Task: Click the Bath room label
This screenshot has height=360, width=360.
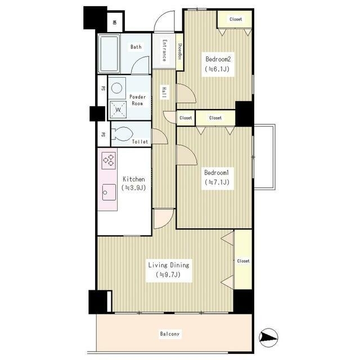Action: (x=136, y=47)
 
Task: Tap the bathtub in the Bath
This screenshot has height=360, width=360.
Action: (x=109, y=53)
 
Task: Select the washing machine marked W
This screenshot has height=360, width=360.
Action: (x=118, y=109)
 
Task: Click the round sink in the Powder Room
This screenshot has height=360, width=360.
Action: (x=117, y=88)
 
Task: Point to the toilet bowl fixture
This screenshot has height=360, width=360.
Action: (x=121, y=133)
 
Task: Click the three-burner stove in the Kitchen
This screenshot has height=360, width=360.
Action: (x=109, y=160)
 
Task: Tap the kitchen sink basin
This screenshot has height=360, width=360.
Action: (x=109, y=192)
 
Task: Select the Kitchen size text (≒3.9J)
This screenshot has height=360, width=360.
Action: (x=134, y=188)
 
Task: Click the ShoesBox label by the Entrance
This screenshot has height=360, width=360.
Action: (x=180, y=52)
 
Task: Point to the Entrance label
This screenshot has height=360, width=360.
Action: (x=164, y=51)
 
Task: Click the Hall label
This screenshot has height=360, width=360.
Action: (x=164, y=92)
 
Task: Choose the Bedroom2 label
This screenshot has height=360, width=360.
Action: (x=218, y=59)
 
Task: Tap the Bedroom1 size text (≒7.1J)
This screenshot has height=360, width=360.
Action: (x=217, y=182)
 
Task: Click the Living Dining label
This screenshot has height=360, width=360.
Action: (x=169, y=265)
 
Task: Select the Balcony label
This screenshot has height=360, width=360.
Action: (x=170, y=334)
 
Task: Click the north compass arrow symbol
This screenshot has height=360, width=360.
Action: (x=268, y=337)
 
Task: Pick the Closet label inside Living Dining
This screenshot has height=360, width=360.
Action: (x=243, y=261)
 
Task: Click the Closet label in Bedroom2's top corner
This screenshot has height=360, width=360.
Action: (x=236, y=19)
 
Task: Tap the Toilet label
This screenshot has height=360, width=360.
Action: (x=140, y=142)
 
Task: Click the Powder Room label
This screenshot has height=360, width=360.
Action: (x=137, y=100)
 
